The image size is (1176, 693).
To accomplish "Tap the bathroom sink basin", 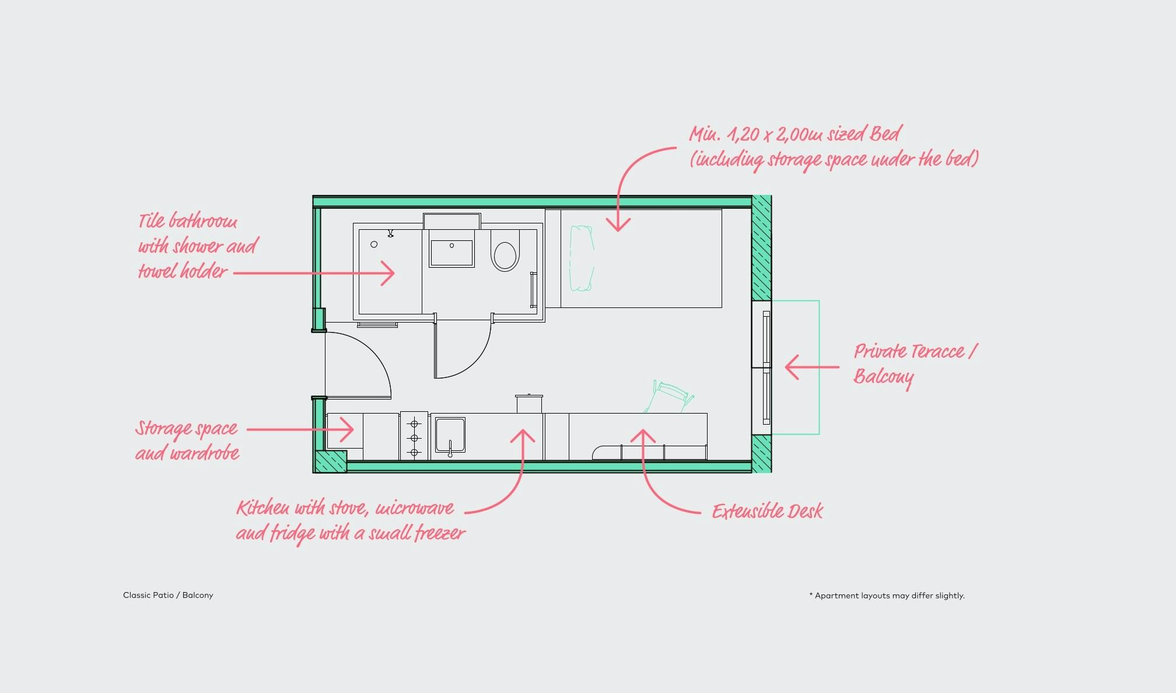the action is coord(452,253).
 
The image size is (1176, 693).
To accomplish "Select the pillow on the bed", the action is coord(582,258).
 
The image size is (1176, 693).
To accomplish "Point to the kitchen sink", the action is coord(450,435).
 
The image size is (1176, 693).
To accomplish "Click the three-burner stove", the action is coord(414,436).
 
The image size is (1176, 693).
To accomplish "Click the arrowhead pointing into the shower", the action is coord(388,272).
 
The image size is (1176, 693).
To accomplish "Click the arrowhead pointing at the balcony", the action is coord(792,367).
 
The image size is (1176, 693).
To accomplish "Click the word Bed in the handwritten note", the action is coord(886,134).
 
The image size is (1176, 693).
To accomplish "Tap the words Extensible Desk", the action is coord(767,512).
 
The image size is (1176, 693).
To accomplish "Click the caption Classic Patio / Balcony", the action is coord(168,595).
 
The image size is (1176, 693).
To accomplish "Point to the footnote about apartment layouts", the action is coord(887,596).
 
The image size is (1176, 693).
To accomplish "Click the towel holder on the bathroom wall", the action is coord(533,289).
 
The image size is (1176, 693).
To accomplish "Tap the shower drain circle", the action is coord(374,244).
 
